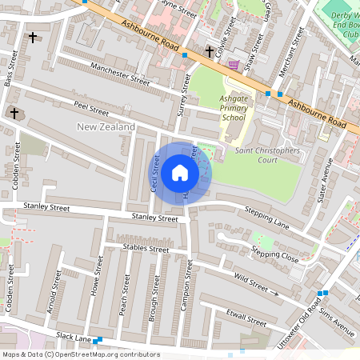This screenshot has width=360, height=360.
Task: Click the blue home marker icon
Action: click(x=180, y=172)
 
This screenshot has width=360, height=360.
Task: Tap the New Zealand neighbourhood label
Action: click(x=105, y=127)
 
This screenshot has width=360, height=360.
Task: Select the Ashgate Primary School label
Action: click(x=221, y=108)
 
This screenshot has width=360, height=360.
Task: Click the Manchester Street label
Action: click(x=120, y=74)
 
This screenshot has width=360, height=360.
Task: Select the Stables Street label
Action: click(x=146, y=249)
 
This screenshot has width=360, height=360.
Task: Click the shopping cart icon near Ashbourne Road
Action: click(x=233, y=64)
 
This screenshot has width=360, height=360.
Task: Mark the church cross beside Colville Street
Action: click(x=209, y=52)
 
